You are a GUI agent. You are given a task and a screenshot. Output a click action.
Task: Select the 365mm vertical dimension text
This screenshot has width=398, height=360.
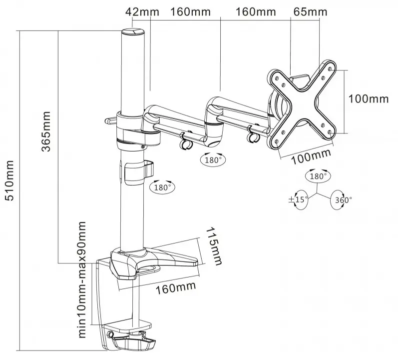[x=47, y=126]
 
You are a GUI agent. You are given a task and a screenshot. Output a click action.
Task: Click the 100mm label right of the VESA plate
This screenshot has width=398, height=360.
[x=368, y=98]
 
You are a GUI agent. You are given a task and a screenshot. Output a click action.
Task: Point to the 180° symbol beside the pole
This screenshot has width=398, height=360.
[x=163, y=187]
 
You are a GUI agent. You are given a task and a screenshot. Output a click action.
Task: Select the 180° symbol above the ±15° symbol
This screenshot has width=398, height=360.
[x=318, y=176]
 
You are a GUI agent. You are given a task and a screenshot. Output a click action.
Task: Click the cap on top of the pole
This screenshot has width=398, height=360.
[x=133, y=32]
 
